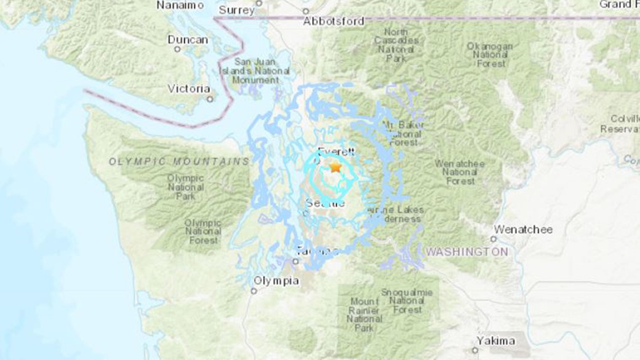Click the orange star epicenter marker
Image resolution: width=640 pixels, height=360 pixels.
335,167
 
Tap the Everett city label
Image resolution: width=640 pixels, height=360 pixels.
336,151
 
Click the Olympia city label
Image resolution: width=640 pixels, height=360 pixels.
276,281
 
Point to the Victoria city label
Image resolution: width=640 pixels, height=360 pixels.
189,89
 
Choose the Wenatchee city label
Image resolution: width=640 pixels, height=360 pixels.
523,229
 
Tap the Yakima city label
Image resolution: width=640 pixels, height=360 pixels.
496,340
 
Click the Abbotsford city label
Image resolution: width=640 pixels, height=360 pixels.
333,21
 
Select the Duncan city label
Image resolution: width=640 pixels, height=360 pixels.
188,40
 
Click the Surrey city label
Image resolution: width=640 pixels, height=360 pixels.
236,10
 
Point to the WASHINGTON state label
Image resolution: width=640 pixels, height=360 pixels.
467,252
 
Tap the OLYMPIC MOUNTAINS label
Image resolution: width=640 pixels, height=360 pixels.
179,162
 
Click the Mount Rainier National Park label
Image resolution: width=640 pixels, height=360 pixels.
364,315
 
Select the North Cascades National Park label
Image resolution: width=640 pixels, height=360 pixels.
396,45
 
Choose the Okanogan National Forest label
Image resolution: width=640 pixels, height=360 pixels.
489,55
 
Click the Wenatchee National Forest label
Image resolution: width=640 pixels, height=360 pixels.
460,172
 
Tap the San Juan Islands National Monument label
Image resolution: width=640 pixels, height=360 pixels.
262,71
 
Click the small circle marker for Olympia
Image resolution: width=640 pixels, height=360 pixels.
254,291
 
